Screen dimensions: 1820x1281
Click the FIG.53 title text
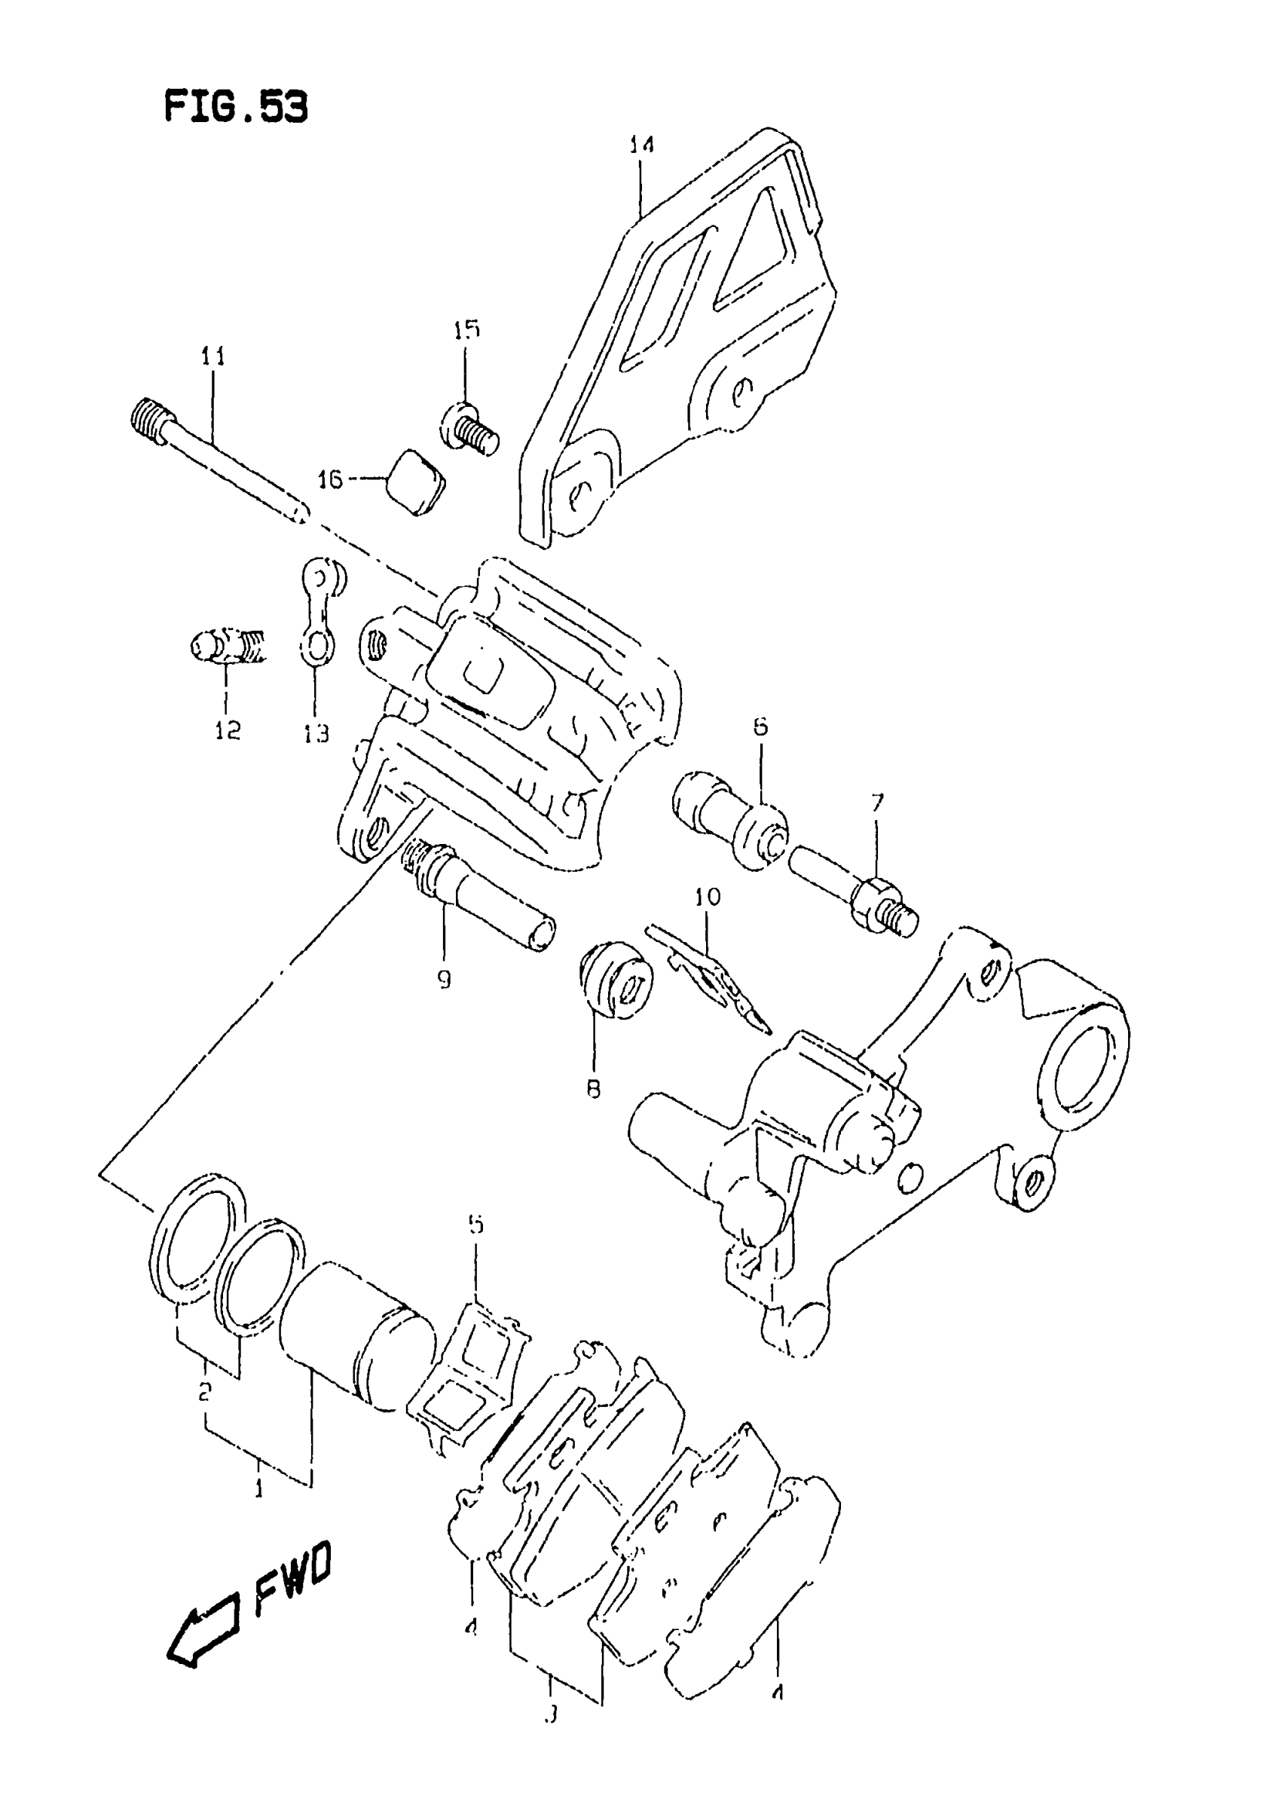click(x=235, y=106)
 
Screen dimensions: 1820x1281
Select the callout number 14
click(x=641, y=145)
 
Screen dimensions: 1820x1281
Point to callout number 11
click(x=212, y=356)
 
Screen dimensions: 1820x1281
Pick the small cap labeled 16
click(x=416, y=483)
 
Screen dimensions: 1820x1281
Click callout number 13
click(x=316, y=733)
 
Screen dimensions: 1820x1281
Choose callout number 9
click(x=444, y=980)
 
